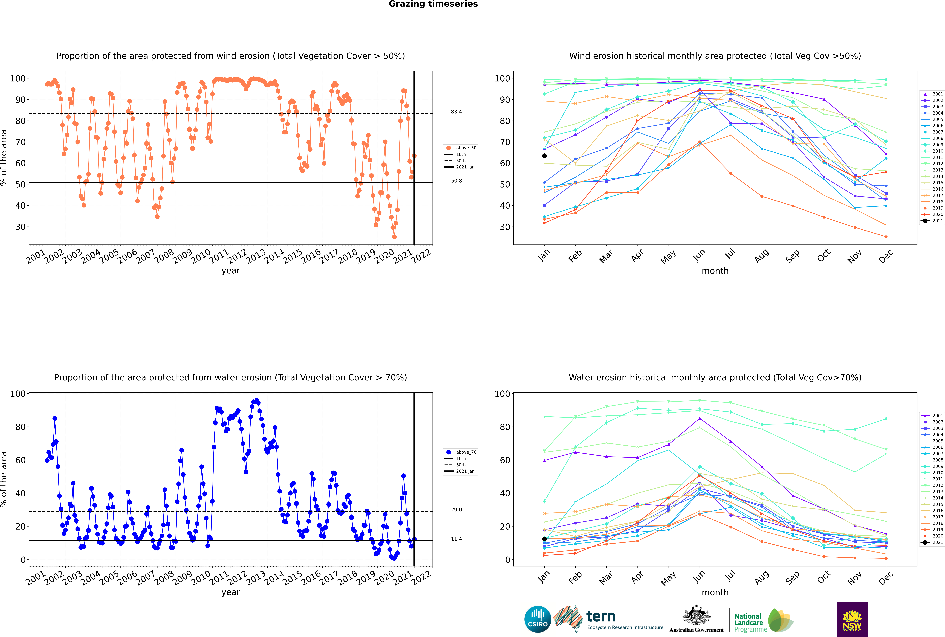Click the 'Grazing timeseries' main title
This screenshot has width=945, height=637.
pyautogui.click(x=433, y=4)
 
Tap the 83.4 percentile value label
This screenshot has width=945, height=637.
pyautogui.click(x=456, y=112)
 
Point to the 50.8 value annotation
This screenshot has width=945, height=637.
pyautogui.click(x=456, y=181)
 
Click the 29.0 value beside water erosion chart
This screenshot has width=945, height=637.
pyautogui.click(x=456, y=509)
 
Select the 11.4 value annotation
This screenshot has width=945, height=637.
pyautogui.click(x=456, y=539)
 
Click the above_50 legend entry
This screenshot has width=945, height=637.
pyautogui.click(x=460, y=148)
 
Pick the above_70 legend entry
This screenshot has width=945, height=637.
pyautogui.click(x=460, y=452)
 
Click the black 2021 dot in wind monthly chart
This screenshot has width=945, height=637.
pyautogui.click(x=544, y=156)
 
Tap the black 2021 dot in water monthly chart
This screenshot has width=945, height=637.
pyautogui.click(x=544, y=539)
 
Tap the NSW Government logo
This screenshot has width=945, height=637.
pyautogui.click(x=852, y=619)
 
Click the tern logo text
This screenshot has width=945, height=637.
pyautogui.click(x=601, y=617)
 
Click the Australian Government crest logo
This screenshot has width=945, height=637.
pyautogui.click(x=696, y=619)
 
